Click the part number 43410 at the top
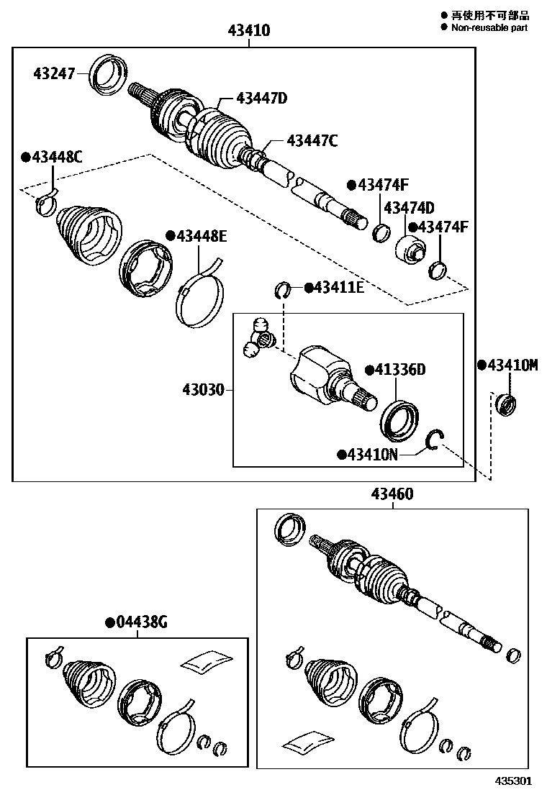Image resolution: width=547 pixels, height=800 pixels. [x=248, y=31]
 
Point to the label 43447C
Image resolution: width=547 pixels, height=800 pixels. [x=312, y=141]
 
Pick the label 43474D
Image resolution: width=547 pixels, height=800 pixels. [x=408, y=208]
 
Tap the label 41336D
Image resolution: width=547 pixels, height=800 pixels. [x=399, y=370]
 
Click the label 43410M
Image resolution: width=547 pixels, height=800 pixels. [x=512, y=365]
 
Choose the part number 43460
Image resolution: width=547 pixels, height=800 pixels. [x=392, y=494]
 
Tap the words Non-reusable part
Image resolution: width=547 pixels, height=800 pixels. [x=489, y=27]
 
